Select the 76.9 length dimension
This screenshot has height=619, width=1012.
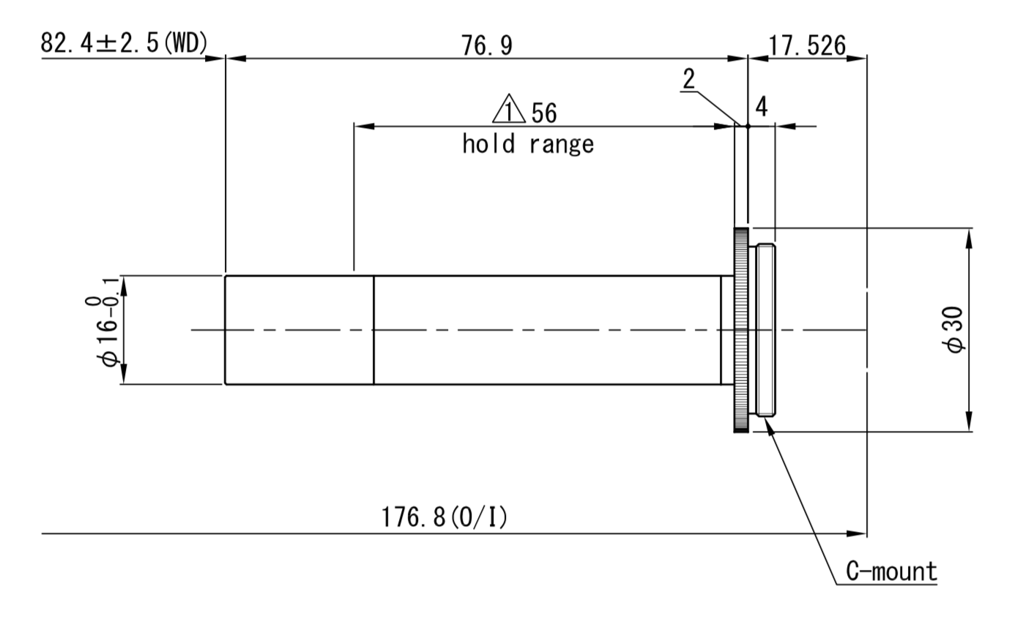[x=487, y=45]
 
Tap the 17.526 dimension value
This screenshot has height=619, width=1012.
[x=806, y=45]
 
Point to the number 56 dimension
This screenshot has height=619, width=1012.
[x=544, y=113]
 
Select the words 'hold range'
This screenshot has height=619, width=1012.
[x=527, y=144]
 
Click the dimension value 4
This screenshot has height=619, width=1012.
[x=761, y=108]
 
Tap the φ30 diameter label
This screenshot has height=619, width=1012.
[x=956, y=330]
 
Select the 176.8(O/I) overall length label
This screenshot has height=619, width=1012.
[x=444, y=518]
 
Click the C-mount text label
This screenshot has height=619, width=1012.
[x=891, y=571]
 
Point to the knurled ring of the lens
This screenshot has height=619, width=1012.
[x=740, y=330]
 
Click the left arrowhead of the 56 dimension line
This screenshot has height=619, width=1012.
[x=363, y=127]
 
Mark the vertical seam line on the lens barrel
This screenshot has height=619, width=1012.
[x=373, y=330]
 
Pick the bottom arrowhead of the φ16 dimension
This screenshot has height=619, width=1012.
[x=124, y=376]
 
